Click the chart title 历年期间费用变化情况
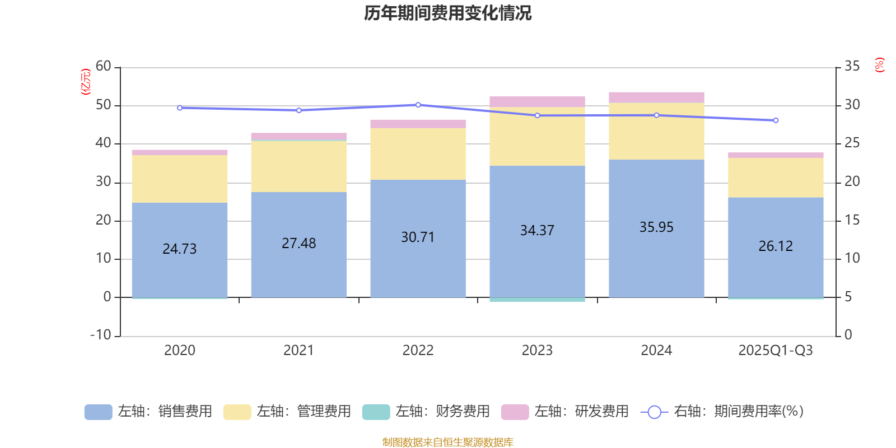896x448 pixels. [x=447, y=13]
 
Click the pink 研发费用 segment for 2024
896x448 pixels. [x=656, y=97]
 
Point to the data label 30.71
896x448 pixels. [x=418, y=237]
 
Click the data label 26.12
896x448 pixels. [x=776, y=246]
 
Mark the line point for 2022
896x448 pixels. [x=418, y=105]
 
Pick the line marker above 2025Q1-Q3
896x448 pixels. [x=776, y=120]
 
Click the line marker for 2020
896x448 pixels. [x=179, y=108]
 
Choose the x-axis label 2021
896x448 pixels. [x=298, y=351]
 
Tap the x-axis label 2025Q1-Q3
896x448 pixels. [x=776, y=351]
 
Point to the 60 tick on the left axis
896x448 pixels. [x=104, y=67]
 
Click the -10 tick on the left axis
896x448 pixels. [x=101, y=335]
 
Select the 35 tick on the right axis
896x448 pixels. [x=852, y=67]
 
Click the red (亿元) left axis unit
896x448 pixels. [x=86, y=82]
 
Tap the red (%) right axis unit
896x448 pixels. [x=879, y=65]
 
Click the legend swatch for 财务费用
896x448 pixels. [x=376, y=412]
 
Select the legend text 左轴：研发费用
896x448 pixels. [x=581, y=412]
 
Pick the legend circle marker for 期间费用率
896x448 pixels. [x=654, y=412]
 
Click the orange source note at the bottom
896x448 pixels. [x=447, y=442]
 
